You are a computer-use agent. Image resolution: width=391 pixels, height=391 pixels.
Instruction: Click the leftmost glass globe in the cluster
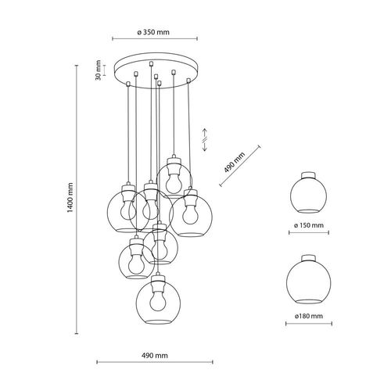tap(120, 210)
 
